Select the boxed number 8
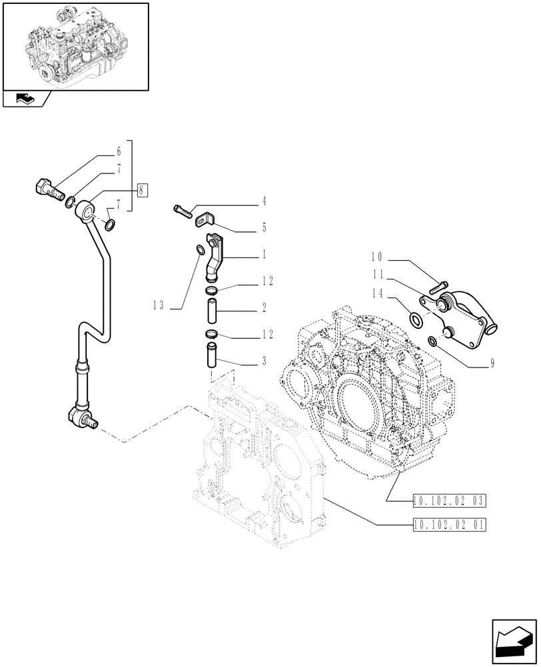(142, 189)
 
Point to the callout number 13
(158, 305)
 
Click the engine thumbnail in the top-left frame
(75, 45)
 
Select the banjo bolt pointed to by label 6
(47, 189)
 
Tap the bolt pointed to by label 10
(439, 286)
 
